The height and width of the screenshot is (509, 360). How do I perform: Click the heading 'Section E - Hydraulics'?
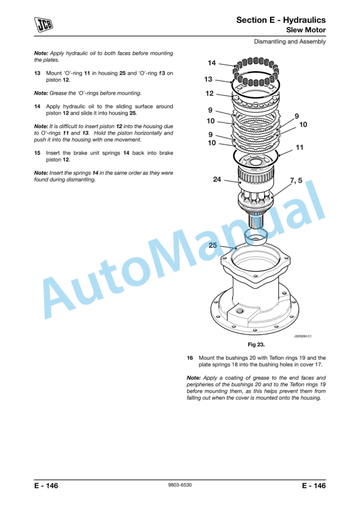281,20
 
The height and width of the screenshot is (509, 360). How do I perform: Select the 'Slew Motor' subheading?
305,29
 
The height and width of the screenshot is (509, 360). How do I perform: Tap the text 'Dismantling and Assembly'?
289,42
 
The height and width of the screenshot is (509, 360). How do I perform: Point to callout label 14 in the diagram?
212,63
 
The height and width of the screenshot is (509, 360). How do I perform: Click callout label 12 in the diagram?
209,93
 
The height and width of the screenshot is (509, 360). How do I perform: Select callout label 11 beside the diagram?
299,148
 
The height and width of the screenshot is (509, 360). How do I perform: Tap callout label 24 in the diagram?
218,180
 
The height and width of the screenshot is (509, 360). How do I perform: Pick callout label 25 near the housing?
212,245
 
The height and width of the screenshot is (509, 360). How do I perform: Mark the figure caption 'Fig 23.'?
255,345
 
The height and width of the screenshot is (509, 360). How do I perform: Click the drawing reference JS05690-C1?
302,336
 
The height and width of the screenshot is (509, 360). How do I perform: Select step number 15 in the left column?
37,153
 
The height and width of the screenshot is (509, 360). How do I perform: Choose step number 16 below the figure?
190,357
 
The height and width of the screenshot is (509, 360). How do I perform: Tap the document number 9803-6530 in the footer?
180,485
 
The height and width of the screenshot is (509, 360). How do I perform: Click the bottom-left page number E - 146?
46,485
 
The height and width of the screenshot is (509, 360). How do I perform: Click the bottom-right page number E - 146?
314,485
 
